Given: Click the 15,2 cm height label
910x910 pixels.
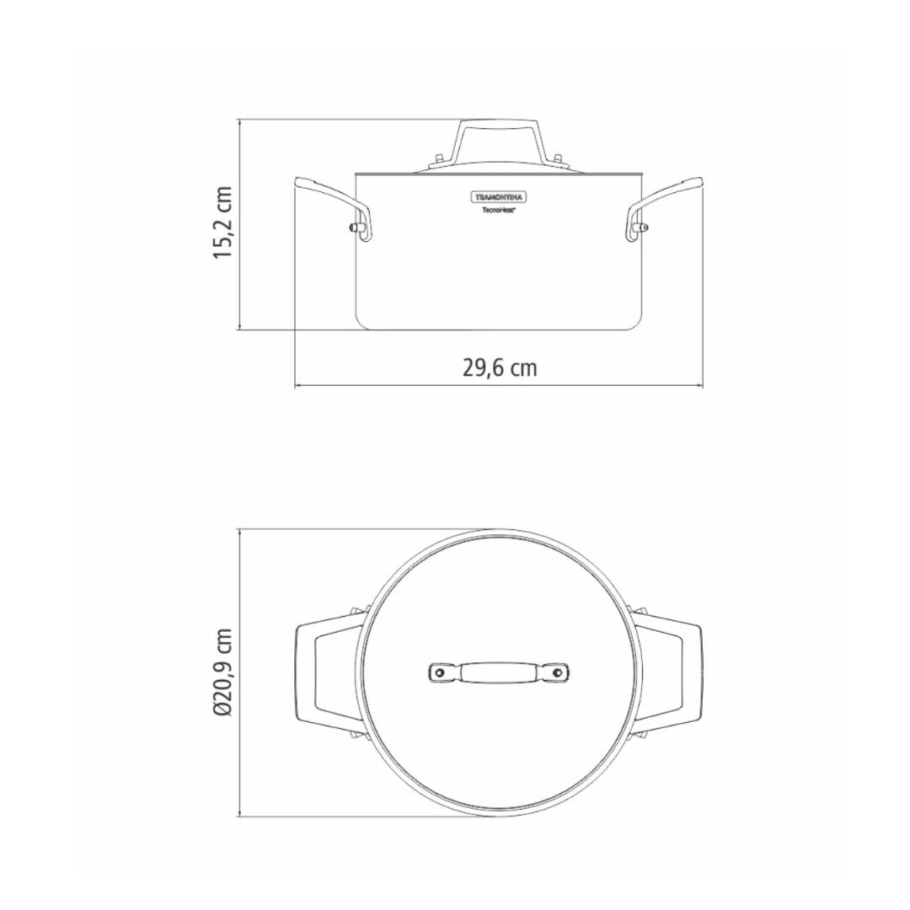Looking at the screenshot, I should (x=222, y=223).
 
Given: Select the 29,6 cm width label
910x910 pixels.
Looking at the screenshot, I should (x=500, y=368).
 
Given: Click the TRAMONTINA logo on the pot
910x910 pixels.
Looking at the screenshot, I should (x=500, y=197).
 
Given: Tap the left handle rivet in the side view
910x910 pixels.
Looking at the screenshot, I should (x=358, y=227).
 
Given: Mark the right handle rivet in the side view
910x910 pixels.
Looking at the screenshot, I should (x=642, y=227).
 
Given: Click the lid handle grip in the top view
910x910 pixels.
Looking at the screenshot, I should (x=499, y=672).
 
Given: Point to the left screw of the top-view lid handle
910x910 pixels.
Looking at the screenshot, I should (x=439, y=672).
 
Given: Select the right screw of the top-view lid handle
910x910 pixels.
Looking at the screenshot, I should (x=559, y=672).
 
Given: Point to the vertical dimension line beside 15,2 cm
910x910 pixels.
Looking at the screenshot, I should (x=240, y=223).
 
